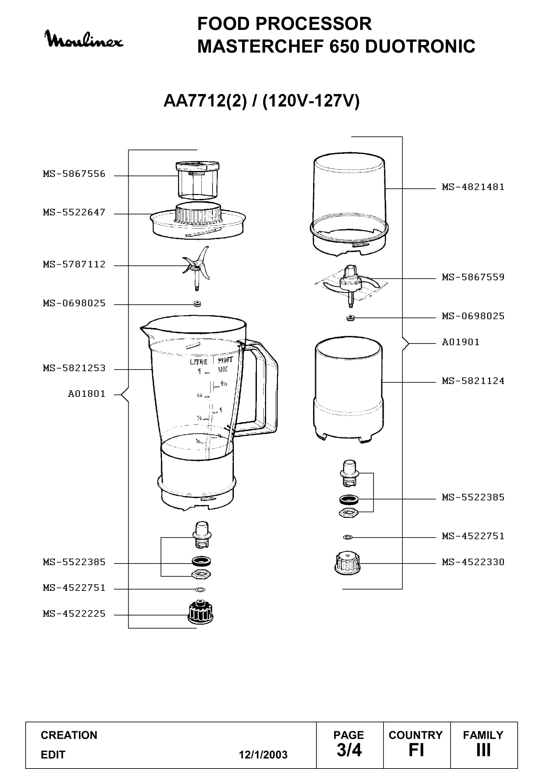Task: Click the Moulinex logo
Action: [x=84, y=39]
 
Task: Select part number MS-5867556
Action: [x=74, y=174]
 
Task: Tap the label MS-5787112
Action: [x=74, y=264]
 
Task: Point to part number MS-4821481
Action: [x=473, y=187]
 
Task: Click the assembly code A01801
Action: [x=87, y=394]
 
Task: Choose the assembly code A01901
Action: [x=460, y=342]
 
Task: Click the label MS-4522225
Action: [x=74, y=613]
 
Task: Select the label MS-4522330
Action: [x=473, y=562]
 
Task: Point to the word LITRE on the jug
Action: [x=199, y=362]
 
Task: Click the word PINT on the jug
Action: [x=225, y=360]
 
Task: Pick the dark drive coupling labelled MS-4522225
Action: [x=200, y=612]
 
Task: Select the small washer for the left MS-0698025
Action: [x=197, y=304]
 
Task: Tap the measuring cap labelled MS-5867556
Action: [x=197, y=180]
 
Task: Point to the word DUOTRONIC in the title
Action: [x=420, y=46]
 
